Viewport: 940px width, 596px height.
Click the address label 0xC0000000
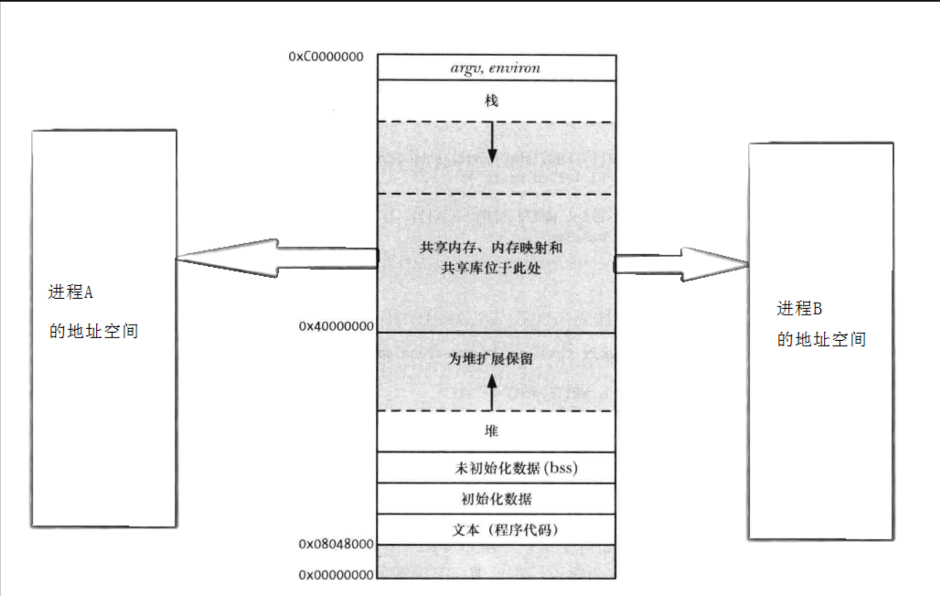tap(326, 57)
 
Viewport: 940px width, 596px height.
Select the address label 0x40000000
tap(336, 325)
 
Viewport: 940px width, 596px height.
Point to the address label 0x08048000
tap(336, 544)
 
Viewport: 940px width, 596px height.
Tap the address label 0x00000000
tap(336, 575)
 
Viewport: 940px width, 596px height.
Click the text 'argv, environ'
tap(495, 68)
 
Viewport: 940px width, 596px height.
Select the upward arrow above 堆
tap(492, 393)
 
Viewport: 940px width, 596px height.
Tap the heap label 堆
tap(492, 430)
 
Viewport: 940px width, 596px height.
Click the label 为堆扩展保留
tap(491, 359)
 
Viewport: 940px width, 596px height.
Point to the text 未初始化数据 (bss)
tap(518, 468)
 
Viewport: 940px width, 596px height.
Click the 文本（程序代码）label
tap(505, 530)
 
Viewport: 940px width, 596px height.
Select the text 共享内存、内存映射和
tap(495, 249)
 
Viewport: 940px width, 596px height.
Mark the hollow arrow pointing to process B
tap(681, 264)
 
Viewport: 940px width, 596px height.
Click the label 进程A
tap(70, 293)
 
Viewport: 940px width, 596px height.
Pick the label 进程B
tap(800, 307)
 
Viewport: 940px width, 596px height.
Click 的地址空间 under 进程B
tap(821, 340)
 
